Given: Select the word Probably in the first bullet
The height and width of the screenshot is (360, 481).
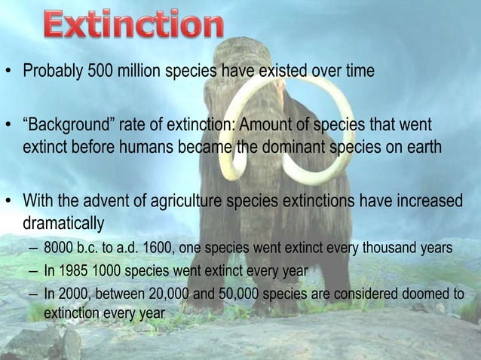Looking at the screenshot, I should click(51, 72).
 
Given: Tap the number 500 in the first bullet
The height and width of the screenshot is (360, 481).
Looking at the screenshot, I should click(95, 72).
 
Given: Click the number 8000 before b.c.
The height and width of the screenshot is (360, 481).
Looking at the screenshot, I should click(57, 248).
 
